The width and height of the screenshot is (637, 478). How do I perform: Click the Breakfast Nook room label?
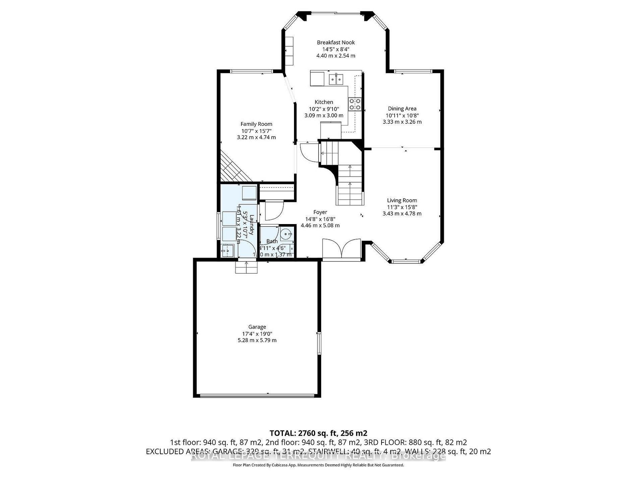point(336,43)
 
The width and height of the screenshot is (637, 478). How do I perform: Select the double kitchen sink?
point(337,79)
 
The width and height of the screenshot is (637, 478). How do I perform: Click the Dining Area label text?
point(402,109)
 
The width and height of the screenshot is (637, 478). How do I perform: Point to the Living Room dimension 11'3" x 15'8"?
point(402,207)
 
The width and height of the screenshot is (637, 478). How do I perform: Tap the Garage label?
point(257,327)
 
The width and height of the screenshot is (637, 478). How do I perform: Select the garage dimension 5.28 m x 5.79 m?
point(257,340)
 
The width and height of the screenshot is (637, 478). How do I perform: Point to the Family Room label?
point(256,124)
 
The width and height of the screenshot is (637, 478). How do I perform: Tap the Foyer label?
point(320,212)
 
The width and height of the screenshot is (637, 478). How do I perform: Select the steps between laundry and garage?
point(246,268)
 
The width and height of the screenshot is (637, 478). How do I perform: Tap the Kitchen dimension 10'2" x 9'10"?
point(324,109)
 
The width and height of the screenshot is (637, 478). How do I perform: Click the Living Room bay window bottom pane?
point(406,261)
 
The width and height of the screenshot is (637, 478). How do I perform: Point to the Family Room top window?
point(251,71)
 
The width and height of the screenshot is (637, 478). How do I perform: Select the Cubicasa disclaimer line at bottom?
point(318,465)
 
